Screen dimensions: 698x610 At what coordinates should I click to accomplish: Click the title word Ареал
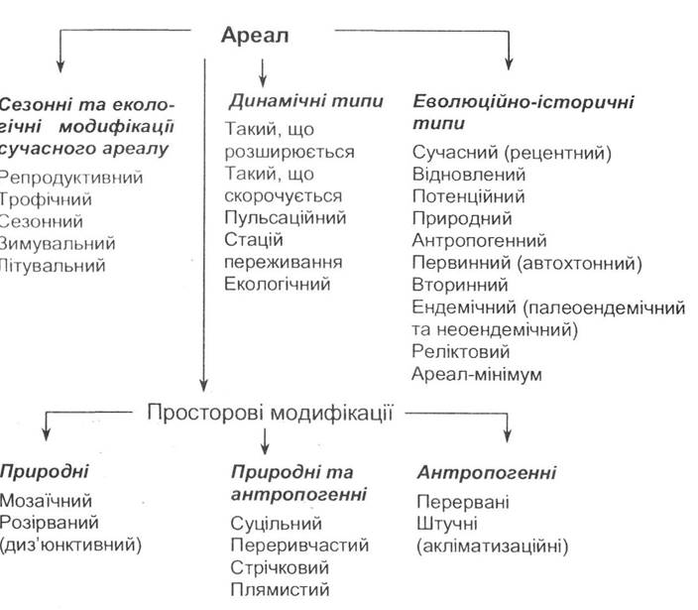255,35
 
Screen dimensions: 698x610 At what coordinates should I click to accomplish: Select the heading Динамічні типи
305,101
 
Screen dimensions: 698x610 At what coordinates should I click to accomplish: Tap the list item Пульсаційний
285,218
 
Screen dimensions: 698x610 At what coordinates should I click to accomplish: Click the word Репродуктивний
71,178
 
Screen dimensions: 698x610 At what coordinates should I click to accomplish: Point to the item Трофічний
46,199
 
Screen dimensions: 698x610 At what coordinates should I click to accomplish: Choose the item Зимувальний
58,244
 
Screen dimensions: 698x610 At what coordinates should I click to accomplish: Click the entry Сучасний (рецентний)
512,153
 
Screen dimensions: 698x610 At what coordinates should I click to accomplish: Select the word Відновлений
469,175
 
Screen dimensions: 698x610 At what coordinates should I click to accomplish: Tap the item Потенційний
468,196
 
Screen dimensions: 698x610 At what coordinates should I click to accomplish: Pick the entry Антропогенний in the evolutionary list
479,240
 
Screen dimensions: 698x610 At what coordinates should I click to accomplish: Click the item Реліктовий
461,351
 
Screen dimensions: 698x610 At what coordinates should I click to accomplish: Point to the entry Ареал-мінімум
477,374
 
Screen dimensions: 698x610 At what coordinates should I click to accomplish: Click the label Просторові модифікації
271,413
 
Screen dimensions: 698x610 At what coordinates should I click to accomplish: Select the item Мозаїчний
46,501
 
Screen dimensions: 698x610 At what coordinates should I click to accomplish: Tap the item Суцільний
276,524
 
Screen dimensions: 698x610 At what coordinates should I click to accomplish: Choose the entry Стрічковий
280,567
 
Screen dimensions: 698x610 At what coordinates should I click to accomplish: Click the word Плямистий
280,589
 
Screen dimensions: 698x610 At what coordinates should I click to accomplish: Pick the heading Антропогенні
487,472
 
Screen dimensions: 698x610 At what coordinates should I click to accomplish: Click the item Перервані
462,502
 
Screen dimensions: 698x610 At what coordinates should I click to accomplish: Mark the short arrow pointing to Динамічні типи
263,72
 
